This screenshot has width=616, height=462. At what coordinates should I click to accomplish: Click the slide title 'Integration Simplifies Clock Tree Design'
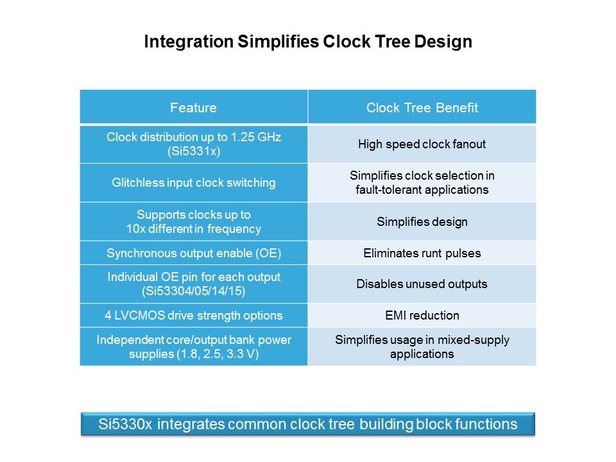point(308,42)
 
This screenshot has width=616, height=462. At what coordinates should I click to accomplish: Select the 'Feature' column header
point(193,108)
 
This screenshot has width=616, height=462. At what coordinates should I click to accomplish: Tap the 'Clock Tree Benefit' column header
point(422,108)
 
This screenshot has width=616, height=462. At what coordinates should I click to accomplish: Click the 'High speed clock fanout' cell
point(422,144)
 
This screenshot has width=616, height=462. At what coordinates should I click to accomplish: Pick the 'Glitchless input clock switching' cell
point(194,183)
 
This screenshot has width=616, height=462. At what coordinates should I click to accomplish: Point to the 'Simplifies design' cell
point(422,221)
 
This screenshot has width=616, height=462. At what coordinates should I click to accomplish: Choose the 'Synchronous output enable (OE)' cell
point(194,253)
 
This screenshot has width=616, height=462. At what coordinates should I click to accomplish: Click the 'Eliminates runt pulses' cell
point(422,253)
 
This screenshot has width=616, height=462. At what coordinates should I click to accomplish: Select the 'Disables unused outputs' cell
point(422,284)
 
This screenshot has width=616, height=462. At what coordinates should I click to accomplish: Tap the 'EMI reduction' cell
point(422,316)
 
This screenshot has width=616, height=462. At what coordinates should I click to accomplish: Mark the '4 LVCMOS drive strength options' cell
point(194,316)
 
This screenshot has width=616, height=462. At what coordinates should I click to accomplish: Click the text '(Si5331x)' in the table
point(194,151)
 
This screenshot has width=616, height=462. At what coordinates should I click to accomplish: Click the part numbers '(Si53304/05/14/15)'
point(194,291)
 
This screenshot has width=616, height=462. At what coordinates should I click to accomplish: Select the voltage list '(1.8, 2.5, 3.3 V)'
point(218,354)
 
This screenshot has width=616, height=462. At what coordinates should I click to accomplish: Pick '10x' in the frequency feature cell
point(136,228)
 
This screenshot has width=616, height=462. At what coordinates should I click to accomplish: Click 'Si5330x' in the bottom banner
point(125,424)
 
